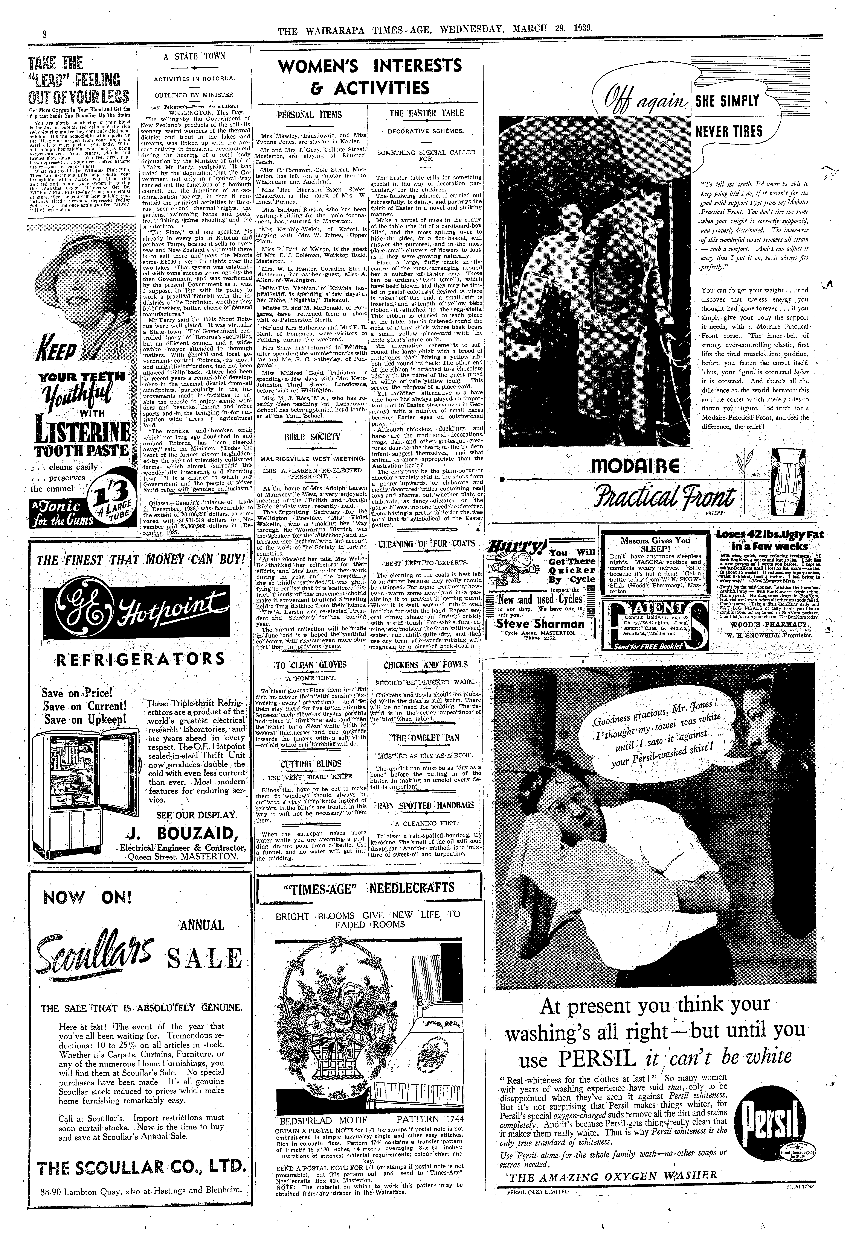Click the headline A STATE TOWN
pyautogui.click(x=194, y=56)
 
